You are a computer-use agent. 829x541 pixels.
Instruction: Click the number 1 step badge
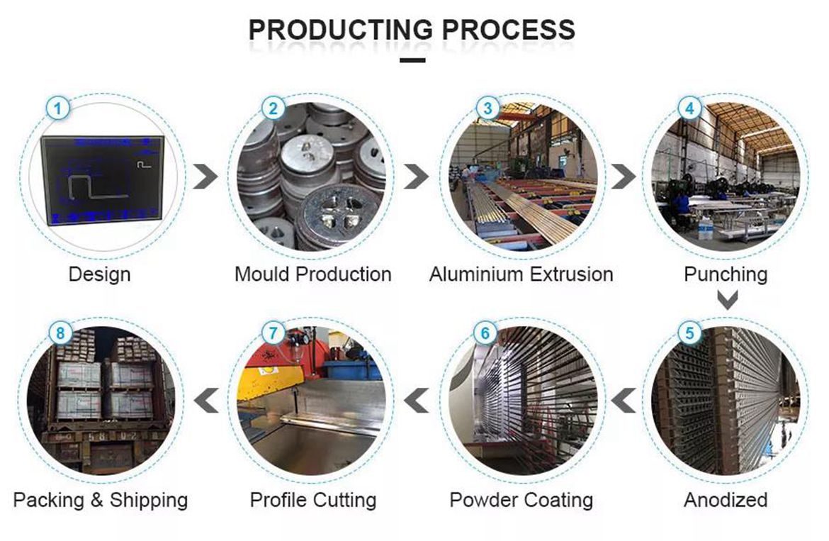click(x=58, y=109)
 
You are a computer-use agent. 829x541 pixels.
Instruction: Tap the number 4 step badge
click(x=689, y=109)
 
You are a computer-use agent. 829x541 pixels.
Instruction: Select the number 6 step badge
click(x=485, y=333)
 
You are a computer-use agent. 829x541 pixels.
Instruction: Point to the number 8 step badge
click(x=60, y=333)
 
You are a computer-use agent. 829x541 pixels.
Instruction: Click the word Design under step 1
click(x=99, y=274)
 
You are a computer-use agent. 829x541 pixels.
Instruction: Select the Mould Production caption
click(x=313, y=274)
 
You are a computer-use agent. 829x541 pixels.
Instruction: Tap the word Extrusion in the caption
click(x=572, y=274)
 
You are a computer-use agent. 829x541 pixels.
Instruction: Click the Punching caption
click(x=726, y=274)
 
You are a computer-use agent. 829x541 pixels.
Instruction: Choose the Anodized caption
click(x=726, y=500)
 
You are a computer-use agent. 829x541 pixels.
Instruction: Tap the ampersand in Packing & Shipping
click(x=97, y=500)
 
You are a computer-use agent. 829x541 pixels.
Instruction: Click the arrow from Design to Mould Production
click(x=205, y=177)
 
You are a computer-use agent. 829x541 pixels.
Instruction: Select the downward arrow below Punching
click(x=728, y=300)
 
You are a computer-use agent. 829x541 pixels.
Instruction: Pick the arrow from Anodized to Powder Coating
click(x=624, y=401)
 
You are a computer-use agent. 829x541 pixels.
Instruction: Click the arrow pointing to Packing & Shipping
click(x=206, y=401)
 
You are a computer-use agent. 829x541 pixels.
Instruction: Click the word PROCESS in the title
click(x=509, y=30)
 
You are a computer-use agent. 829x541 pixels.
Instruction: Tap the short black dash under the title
click(x=413, y=60)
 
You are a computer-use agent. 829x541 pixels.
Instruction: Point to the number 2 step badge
click(x=273, y=109)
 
